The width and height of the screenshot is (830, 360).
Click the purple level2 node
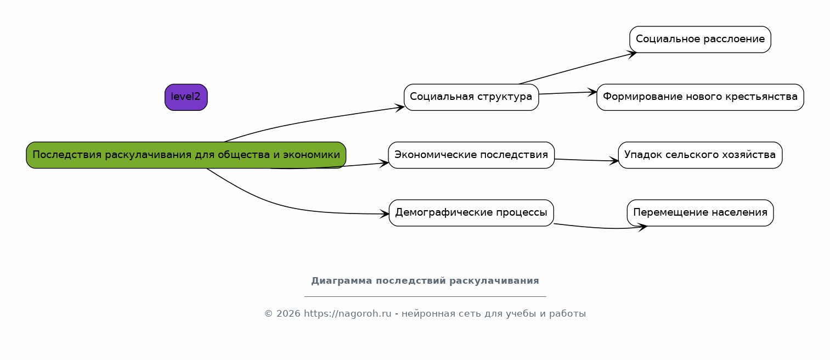tap(186, 97)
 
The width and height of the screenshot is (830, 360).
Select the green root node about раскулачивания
tap(186, 155)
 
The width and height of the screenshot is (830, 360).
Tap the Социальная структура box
tap(471, 97)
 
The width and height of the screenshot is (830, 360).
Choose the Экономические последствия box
tap(471, 155)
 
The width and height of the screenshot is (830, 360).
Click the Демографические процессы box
tap(471, 213)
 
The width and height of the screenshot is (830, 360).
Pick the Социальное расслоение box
tap(701, 40)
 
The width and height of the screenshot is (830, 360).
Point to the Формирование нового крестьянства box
tap(701, 97)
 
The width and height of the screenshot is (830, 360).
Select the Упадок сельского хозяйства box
tap(701, 155)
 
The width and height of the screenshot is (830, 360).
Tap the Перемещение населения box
tap(701, 213)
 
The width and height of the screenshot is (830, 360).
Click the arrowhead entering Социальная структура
tap(399, 108)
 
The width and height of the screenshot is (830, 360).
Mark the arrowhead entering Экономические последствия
tap(384, 164)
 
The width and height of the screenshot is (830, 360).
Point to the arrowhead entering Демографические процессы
tap(385, 214)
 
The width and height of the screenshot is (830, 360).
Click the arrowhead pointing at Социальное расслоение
tap(632, 54)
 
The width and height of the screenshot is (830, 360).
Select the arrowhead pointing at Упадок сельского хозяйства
tap(614, 161)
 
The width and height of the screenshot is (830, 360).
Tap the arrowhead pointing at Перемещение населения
tap(642, 227)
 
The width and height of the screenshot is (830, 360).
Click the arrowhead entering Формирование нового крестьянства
tap(592, 92)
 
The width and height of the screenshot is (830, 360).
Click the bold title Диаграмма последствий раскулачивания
tap(425, 280)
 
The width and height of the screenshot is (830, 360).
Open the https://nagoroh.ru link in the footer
tap(348, 314)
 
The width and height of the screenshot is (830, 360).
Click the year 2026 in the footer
tap(287, 314)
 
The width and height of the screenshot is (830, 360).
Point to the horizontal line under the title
tap(425, 296)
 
